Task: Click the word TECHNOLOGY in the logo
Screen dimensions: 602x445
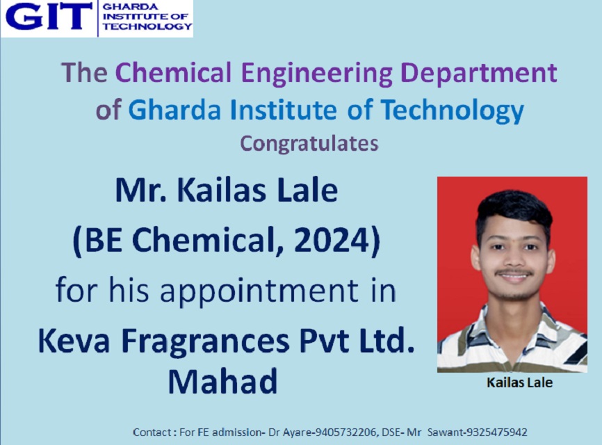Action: [x=147, y=26]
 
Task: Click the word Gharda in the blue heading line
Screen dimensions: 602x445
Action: [x=174, y=110]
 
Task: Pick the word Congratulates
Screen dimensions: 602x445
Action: [x=309, y=144]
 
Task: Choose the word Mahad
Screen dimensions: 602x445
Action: [x=222, y=382]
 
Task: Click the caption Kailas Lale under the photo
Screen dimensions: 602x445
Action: [x=519, y=382]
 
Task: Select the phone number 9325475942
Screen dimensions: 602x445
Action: [x=496, y=432]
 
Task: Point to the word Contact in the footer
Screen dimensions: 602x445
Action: [x=152, y=432]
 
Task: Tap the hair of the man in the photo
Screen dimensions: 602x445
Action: [x=514, y=211]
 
